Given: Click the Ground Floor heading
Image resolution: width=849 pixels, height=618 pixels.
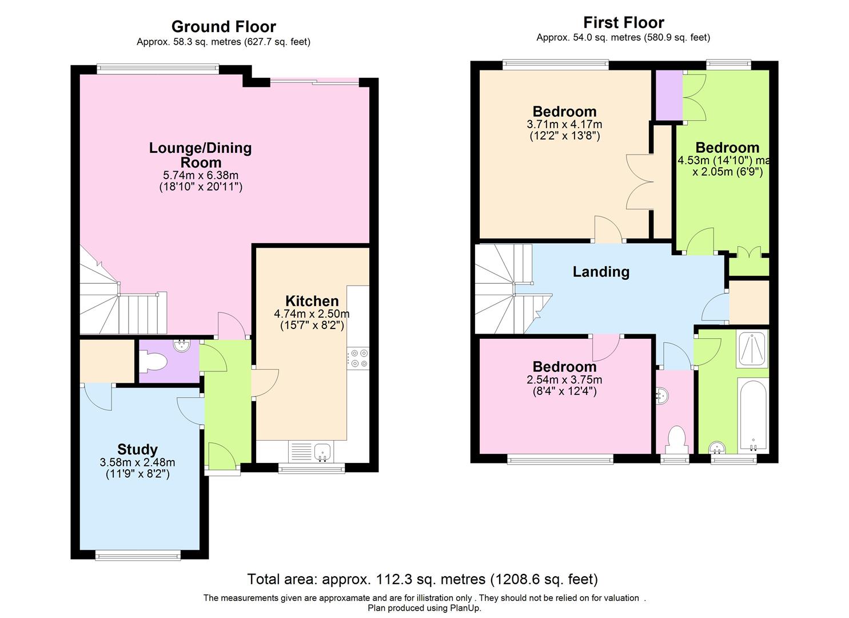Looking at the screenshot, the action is [x=224, y=26].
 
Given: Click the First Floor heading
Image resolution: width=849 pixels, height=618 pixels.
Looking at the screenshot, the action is [x=624, y=23].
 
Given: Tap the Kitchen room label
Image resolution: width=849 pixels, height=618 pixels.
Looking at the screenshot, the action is [x=312, y=301].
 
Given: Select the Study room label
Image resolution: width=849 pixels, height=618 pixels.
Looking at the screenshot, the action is [x=137, y=450].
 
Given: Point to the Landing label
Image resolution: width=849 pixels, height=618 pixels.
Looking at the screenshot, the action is [x=601, y=272].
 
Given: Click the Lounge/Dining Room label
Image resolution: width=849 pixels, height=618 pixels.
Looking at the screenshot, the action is [x=200, y=154].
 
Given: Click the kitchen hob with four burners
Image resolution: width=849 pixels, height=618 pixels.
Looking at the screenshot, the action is [x=358, y=358].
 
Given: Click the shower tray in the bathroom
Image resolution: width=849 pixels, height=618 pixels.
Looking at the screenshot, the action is [x=752, y=348].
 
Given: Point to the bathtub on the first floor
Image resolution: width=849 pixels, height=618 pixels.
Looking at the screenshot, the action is [x=753, y=415].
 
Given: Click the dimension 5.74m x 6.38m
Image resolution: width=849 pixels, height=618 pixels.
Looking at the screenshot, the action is [x=201, y=175].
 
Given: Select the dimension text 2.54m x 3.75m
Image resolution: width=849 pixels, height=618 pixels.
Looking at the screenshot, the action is [x=564, y=379].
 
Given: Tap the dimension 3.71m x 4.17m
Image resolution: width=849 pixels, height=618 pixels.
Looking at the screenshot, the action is [x=564, y=124].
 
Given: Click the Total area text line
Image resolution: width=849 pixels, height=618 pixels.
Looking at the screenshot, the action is [x=422, y=579].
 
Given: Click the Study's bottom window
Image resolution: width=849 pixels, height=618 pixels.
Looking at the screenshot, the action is [x=138, y=556].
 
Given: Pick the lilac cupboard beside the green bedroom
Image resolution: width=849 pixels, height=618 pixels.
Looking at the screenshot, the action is [x=669, y=95].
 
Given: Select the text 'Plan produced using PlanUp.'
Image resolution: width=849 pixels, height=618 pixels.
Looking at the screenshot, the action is [x=424, y=608].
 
